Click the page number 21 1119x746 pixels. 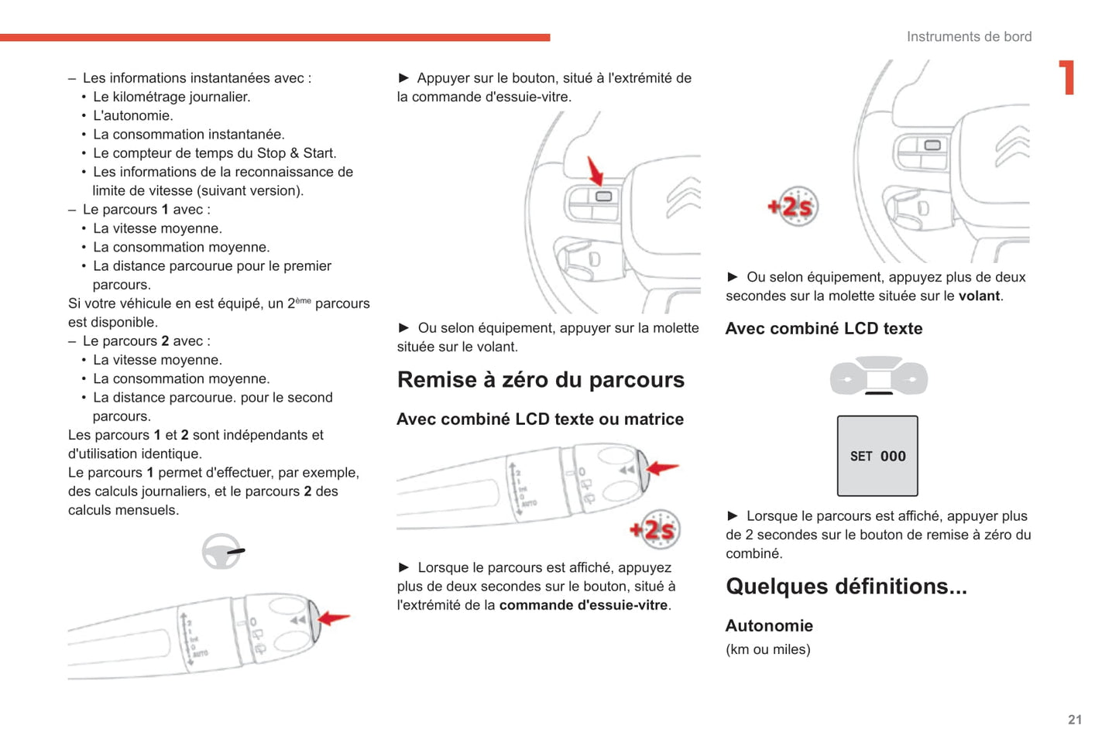[1074, 720]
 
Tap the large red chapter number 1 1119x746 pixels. [1067, 77]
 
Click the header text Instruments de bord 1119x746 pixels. [969, 36]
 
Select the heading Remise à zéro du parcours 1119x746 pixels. [541, 380]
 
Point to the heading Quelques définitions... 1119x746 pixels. [846, 587]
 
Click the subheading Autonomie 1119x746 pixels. [769, 625]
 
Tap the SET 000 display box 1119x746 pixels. [877, 456]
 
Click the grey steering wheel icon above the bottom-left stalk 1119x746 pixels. [222, 552]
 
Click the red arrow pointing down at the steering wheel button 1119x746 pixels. [596, 171]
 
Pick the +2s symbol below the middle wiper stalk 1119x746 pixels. [655, 530]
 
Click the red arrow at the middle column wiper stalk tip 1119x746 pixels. [663, 467]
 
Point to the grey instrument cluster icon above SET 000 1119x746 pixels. [878, 377]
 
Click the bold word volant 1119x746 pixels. [979, 296]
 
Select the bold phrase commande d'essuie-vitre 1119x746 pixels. [583, 605]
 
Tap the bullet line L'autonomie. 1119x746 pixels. [132, 115]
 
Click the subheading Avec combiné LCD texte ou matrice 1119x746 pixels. [540, 419]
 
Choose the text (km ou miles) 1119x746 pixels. [767, 649]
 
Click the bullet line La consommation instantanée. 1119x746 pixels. [188, 134]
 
